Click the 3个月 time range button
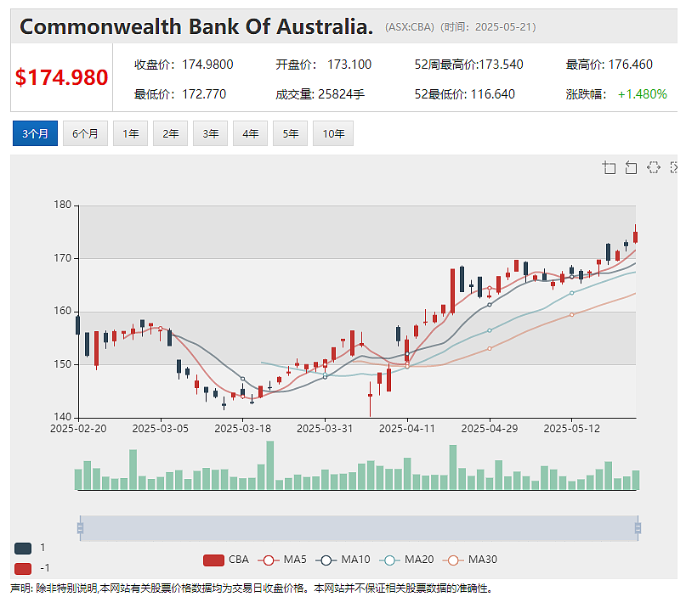coord(35,133)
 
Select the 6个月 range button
coord(85,133)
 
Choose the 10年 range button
coord(333,133)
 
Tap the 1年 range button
coord(130,133)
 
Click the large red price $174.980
coord(62,77)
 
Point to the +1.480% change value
coord(643,94)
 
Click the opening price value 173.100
coord(349,65)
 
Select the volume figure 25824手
coord(341,94)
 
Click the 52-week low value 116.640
coord(493,94)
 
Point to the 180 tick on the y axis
coord(62,205)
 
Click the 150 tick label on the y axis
coord(62,364)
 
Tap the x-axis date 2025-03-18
coord(243,428)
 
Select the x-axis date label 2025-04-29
coord(490,428)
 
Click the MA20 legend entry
coord(407,560)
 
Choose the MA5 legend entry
coord(282,560)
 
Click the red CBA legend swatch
coord(213,560)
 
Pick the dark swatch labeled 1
coord(23,548)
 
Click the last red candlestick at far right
coord(635,237)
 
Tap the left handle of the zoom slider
coord(80,528)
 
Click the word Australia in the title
coord(325,26)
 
